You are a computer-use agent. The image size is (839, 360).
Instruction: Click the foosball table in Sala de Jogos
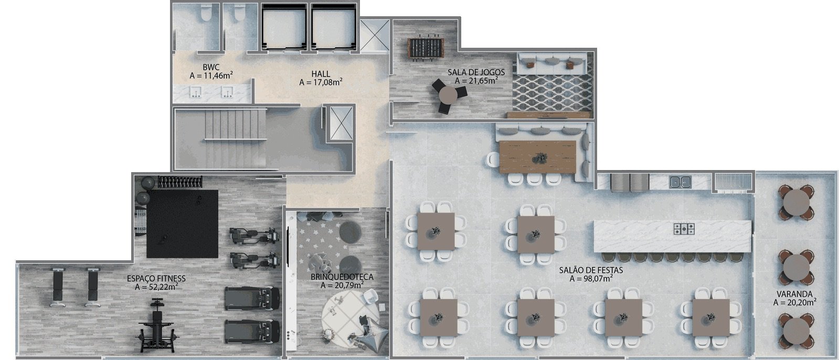[425, 48]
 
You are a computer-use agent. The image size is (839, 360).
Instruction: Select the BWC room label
[211, 67]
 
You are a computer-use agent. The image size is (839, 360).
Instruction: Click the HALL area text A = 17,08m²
[321, 82]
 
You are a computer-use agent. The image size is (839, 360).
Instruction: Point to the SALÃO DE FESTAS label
[591, 270]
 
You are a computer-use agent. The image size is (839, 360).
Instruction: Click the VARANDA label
[794, 294]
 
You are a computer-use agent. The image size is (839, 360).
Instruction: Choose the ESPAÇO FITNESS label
[156, 279]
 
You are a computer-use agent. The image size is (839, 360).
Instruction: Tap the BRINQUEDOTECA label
[342, 277]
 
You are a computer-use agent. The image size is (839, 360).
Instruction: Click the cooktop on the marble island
[684, 228]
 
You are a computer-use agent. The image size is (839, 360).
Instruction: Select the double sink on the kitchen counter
[680, 182]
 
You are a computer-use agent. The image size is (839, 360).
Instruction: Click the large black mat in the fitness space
[182, 224]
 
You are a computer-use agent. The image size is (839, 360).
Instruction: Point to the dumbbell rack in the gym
[180, 182]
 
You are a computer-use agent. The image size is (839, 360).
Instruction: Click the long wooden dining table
[537, 157]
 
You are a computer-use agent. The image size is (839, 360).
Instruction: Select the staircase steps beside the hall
[235, 139]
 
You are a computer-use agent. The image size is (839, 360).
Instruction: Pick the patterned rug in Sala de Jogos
[552, 92]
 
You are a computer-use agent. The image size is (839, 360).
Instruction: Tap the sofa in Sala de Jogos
[551, 63]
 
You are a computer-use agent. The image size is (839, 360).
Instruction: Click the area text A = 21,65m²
[476, 80]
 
